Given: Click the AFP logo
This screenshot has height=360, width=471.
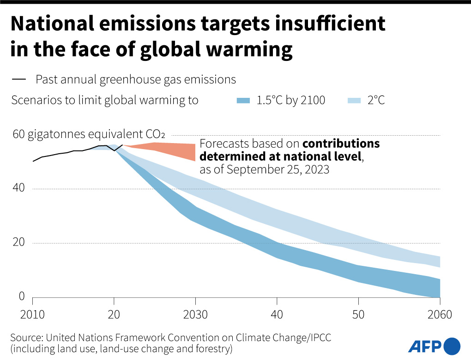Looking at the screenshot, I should click(434, 346).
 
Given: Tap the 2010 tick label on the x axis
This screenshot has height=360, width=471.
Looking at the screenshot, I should click(33, 315).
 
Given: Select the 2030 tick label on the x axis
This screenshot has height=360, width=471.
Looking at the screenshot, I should click(195, 315).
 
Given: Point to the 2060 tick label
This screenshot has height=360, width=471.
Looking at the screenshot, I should click(439, 315).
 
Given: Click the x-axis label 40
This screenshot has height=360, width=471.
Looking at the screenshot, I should click(277, 315).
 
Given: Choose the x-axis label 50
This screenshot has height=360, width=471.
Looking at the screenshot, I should click(358, 315).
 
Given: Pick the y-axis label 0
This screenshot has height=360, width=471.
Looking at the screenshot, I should click(21, 296).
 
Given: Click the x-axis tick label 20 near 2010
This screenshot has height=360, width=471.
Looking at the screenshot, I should click(114, 315).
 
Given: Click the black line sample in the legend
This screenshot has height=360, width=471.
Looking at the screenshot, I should click(19, 80).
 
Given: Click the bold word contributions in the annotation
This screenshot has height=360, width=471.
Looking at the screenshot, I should click(341, 144).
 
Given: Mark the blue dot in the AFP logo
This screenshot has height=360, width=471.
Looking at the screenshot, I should click(452, 346).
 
